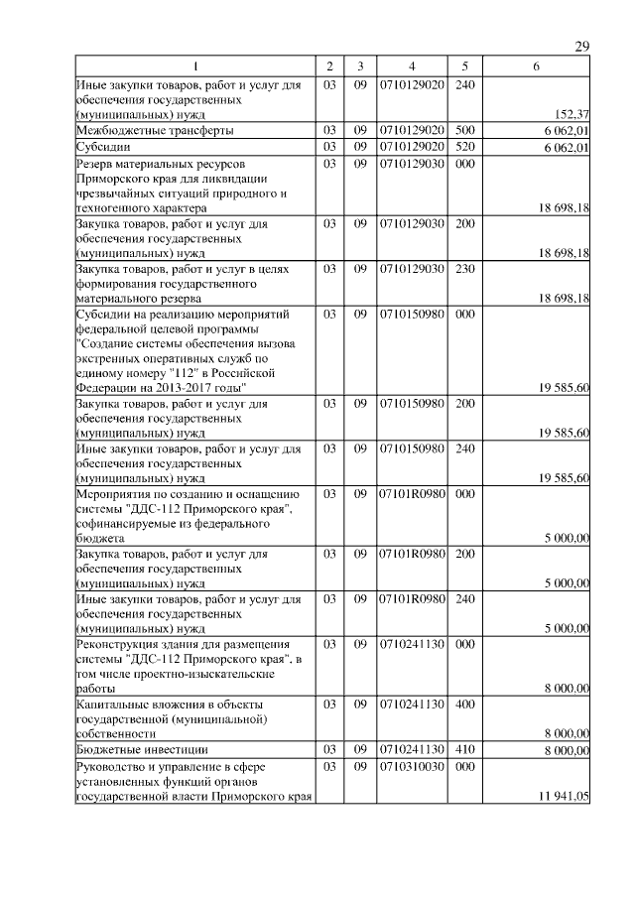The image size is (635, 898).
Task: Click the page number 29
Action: [x=582, y=48]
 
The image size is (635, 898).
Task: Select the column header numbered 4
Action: [x=411, y=66]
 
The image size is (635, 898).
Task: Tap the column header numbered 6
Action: [x=536, y=66]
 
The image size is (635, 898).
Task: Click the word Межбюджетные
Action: [x=116, y=131]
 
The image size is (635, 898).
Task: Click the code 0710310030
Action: [x=411, y=767]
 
